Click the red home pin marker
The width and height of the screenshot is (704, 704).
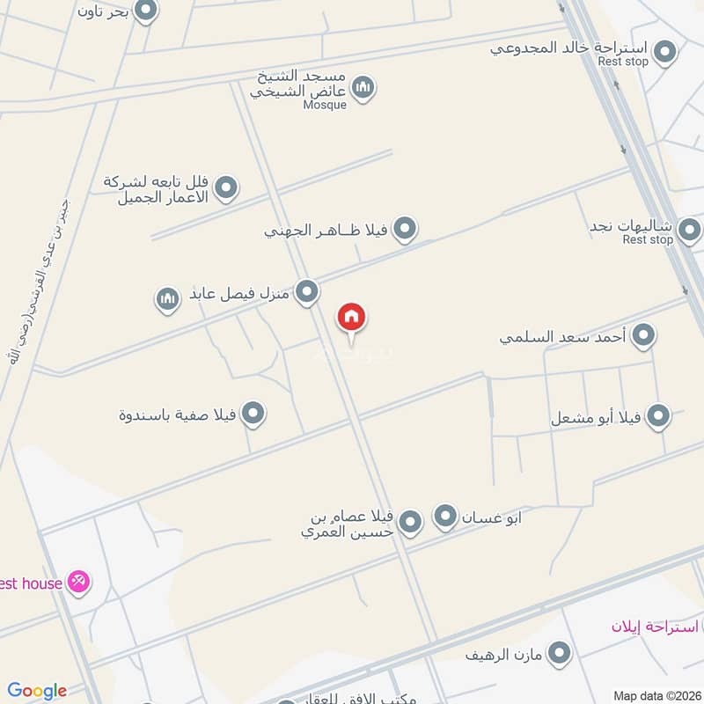coord(351,318)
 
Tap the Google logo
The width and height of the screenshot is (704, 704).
coord(37,691)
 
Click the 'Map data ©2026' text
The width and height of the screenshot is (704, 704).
coord(656,695)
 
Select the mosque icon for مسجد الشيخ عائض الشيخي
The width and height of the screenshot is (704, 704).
coord(363,87)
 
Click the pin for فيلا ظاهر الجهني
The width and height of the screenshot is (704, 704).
coord(404,230)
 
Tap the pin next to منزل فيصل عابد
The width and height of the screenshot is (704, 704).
coord(306,291)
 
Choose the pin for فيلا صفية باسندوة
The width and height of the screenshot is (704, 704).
coord(253,413)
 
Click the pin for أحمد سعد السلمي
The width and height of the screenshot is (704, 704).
coord(644,335)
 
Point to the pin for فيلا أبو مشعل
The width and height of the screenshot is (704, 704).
coord(658,416)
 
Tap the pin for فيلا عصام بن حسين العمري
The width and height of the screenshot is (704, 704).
coord(410,524)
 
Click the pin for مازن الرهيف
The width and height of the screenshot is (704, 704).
coord(559,653)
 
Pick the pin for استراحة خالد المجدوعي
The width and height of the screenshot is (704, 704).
coord(666,51)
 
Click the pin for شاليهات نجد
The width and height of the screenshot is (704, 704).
coord(690,230)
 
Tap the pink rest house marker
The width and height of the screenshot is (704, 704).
coord(79,582)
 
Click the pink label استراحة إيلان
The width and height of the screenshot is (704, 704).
coord(655,627)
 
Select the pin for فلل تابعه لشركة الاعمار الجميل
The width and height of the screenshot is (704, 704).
coord(226,187)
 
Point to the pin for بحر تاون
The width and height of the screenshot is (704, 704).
coord(146,11)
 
